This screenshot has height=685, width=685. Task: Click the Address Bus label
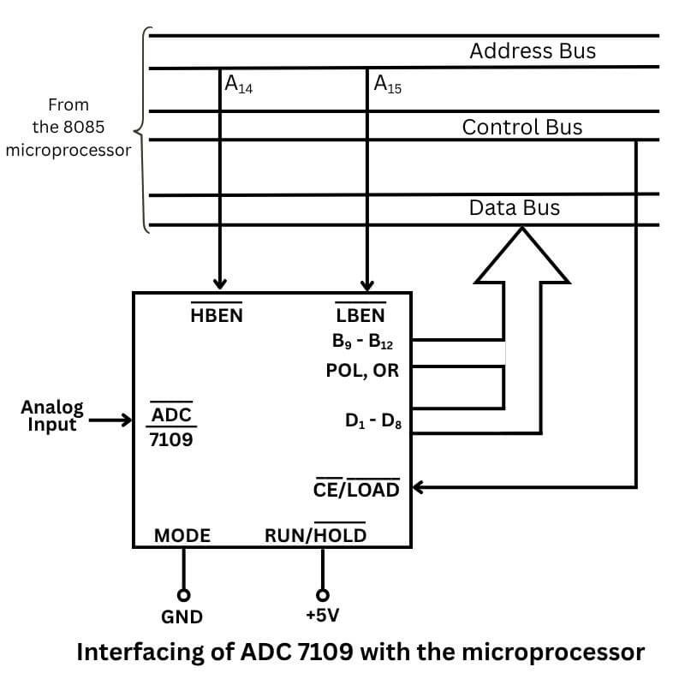pos(532,51)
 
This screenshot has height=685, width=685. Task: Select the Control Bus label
pos(521,128)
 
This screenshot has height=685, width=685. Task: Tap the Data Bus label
pos(514,208)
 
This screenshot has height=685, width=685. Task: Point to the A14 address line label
pos(237,85)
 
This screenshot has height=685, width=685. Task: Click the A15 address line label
pos(387,85)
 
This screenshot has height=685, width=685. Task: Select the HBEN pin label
pos(217,315)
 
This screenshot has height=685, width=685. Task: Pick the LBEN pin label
pos(360,315)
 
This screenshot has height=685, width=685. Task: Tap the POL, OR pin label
pos(362,372)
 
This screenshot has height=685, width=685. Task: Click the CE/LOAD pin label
pos(356,489)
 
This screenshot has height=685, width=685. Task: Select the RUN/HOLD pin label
pos(315,535)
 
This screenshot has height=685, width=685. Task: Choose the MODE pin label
pos(182,536)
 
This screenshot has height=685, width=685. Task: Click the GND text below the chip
pos(182,616)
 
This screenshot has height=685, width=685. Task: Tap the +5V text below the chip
pos(322,615)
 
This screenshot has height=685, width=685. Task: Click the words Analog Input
pos(52,415)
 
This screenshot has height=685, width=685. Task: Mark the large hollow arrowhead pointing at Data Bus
pos(522,254)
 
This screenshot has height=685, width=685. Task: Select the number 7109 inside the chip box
pos(171,440)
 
